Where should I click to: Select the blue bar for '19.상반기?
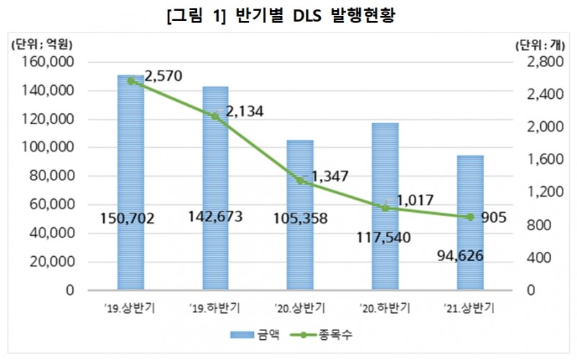(x=131, y=180)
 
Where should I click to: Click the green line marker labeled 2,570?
(x=131, y=82)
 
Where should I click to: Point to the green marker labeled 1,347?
(x=300, y=181)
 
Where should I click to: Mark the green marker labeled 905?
(x=470, y=217)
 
